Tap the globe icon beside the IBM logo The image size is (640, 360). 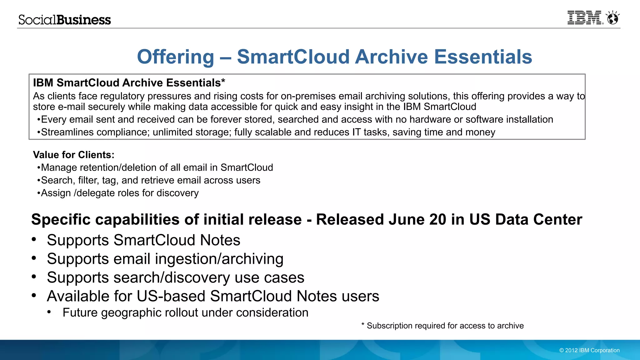click(612, 18)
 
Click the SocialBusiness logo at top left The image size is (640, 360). click(65, 20)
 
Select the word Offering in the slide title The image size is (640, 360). click(175, 57)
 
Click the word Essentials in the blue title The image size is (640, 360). click(483, 57)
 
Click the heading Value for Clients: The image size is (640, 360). click(74, 155)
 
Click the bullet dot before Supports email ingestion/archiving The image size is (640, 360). click(34, 258)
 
